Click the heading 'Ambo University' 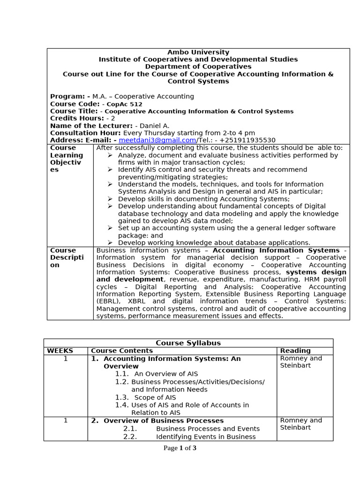pos(198,52)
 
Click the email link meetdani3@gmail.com pos(157,140)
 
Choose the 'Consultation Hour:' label pos(85,133)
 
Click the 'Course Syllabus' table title pos(188,343)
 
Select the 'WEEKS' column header pos(60,351)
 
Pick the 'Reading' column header pos(295,351)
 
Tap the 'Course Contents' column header pos(122,351)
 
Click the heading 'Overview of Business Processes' pos(164,420)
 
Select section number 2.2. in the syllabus pos(130,436)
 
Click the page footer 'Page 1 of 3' pos(180,448)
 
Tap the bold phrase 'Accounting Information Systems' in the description pos(276,250)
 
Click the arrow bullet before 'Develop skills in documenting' pos(110,199)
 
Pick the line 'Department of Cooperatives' pos(198,67)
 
